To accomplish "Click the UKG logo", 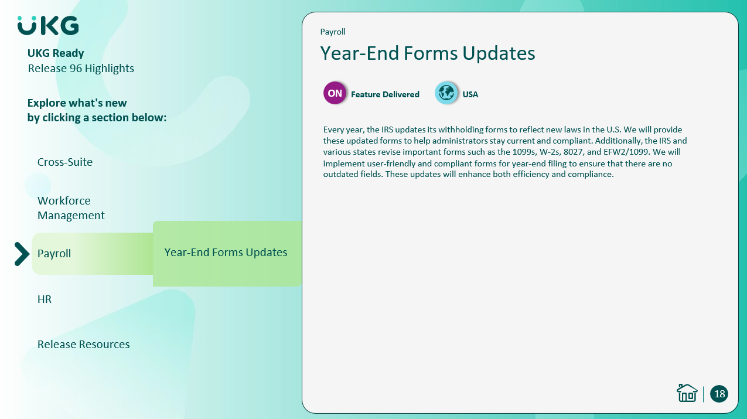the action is point(48,25).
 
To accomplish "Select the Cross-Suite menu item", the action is point(64,162).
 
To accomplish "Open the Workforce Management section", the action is point(71,208).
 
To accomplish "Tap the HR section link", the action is point(45,299).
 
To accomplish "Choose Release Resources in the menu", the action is point(83,344).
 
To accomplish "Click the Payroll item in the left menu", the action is point(54,254).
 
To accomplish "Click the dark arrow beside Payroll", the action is point(22,254).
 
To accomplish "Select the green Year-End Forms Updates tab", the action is point(227,253).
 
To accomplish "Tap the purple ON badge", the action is point(335,93).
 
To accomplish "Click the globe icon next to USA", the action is point(446,93).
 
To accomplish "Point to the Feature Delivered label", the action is point(385,94).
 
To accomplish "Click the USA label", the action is point(470,94).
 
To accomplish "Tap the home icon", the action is point(687,393).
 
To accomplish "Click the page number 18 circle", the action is point(719,394).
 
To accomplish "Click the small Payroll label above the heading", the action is point(333,32).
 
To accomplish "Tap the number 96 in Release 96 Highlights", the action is point(76,69).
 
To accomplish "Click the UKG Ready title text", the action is point(56,53).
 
